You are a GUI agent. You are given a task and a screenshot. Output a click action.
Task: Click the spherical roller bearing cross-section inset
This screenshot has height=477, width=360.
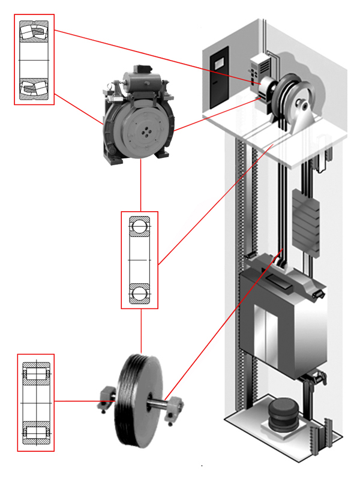[x=34, y=59]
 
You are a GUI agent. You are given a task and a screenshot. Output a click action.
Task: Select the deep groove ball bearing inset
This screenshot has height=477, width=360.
[x=139, y=260]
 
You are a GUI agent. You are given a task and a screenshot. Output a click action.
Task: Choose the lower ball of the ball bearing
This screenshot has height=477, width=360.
[x=139, y=292]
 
